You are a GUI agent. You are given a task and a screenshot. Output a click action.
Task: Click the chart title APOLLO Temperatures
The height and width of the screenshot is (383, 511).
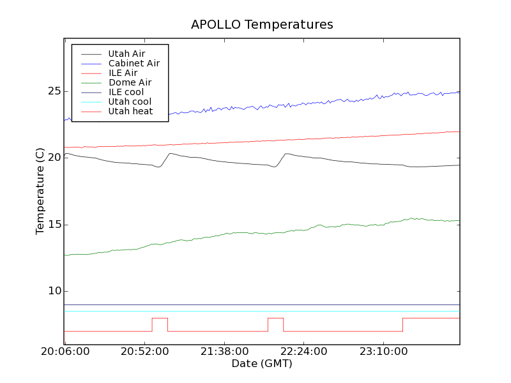tap(262, 25)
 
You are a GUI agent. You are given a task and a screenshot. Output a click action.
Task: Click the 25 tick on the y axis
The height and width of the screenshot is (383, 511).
tap(54, 91)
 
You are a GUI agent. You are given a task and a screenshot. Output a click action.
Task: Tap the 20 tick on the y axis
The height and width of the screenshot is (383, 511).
tap(54, 158)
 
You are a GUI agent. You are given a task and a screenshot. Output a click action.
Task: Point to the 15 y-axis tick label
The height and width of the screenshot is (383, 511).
tap(54, 225)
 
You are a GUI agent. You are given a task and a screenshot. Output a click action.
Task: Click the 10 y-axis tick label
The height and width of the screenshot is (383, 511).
tap(54, 291)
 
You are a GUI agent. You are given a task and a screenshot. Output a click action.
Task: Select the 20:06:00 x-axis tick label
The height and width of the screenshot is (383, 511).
tap(65, 352)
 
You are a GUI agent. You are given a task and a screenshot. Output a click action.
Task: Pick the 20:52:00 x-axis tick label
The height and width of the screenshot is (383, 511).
tap(144, 352)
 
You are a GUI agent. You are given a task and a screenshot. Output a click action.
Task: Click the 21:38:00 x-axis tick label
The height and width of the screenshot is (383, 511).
tap(224, 352)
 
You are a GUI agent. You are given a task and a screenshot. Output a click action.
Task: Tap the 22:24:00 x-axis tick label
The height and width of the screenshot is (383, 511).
tap(303, 352)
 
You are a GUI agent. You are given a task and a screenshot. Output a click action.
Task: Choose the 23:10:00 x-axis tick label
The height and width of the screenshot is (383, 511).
tap(383, 352)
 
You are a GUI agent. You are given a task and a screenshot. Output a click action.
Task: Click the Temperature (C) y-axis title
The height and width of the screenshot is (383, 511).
tap(40, 191)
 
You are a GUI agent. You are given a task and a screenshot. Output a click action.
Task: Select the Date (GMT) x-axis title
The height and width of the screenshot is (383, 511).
tap(262, 364)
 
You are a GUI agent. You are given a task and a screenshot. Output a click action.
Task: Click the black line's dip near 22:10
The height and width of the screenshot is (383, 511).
tap(274, 167)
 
